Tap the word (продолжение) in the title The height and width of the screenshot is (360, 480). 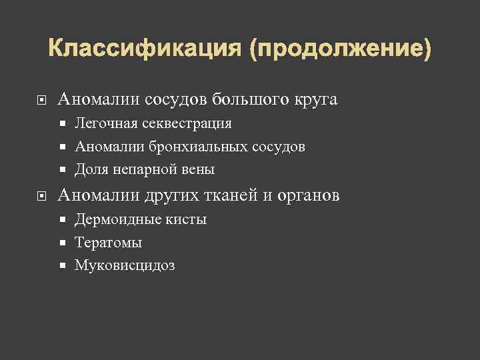click(341, 49)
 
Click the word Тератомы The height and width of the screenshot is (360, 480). click(108, 243)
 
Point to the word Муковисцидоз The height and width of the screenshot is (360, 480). click(125, 266)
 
